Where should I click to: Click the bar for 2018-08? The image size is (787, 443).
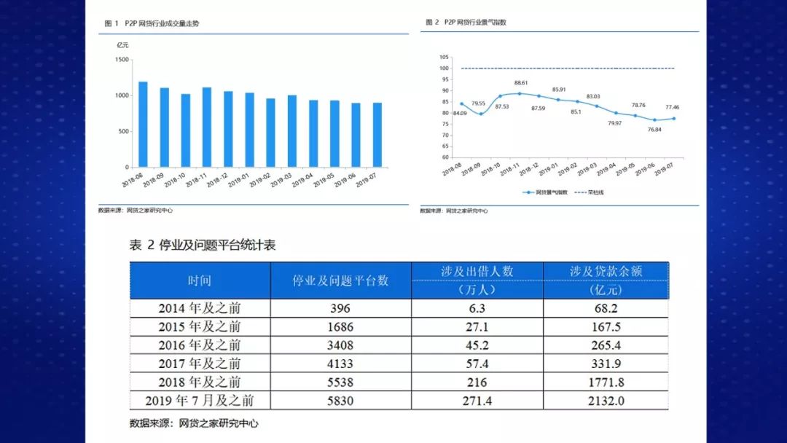point(143,125)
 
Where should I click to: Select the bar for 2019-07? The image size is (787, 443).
point(377,135)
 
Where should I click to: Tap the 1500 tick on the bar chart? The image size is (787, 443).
point(122,60)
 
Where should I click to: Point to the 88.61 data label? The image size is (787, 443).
point(520,83)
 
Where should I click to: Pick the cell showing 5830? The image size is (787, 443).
point(340,400)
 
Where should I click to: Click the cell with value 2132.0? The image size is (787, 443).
point(606,400)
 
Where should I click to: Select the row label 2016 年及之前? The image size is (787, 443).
point(199,345)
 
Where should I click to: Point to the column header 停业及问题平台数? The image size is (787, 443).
point(340,281)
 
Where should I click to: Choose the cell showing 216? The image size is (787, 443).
point(477,382)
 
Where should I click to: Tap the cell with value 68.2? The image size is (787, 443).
point(606,308)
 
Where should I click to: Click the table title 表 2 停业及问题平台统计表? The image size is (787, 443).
point(203,245)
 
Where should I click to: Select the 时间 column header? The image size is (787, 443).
point(199,281)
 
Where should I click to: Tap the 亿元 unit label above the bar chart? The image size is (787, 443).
point(123,45)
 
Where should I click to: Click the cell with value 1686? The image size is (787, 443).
point(340,326)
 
